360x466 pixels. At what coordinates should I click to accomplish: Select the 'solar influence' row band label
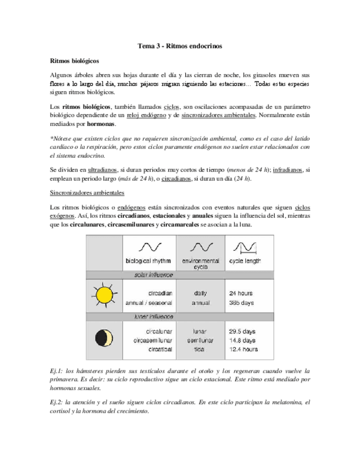click(154, 274)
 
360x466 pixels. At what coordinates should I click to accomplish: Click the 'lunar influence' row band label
click(154, 317)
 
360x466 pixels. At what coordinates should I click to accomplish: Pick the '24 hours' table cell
click(240, 293)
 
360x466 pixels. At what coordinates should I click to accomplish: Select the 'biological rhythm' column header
click(148, 260)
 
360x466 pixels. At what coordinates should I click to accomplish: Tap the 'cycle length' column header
click(245, 260)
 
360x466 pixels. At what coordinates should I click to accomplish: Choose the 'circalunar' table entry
click(159, 332)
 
